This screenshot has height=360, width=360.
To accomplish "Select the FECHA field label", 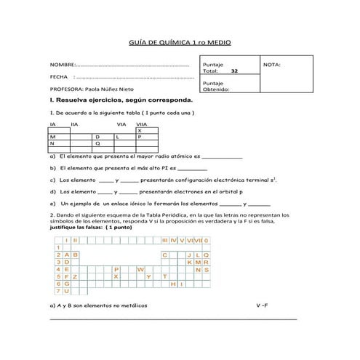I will click(x=59, y=76).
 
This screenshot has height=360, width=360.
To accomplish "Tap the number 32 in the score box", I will click(x=233, y=71).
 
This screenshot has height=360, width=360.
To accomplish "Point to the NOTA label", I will click(x=271, y=65).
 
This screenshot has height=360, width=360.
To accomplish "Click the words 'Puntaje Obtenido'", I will click(x=216, y=87).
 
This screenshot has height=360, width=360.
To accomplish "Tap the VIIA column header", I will click(x=142, y=124).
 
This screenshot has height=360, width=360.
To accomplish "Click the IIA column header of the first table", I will click(x=75, y=124).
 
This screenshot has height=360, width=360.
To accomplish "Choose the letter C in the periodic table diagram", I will click(x=165, y=255).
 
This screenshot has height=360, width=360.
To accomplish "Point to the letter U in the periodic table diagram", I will click(x=66, y=291).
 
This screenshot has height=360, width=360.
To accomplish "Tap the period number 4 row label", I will click(x=57, y=269).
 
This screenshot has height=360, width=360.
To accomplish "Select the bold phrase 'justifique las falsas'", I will click(x=75, y=227).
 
